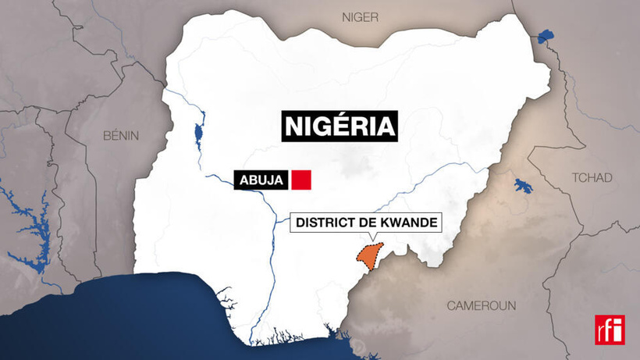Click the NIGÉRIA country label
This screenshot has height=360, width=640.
340,126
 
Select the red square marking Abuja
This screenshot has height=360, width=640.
301,180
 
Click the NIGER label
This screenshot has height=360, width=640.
360,16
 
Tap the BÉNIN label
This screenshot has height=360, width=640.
121,135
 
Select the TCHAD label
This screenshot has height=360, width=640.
592,178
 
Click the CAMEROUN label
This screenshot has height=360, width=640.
482,306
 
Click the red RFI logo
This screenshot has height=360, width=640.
610,330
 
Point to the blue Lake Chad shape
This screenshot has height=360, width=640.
545,36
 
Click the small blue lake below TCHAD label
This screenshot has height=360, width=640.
521,187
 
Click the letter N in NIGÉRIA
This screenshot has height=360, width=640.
294,126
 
